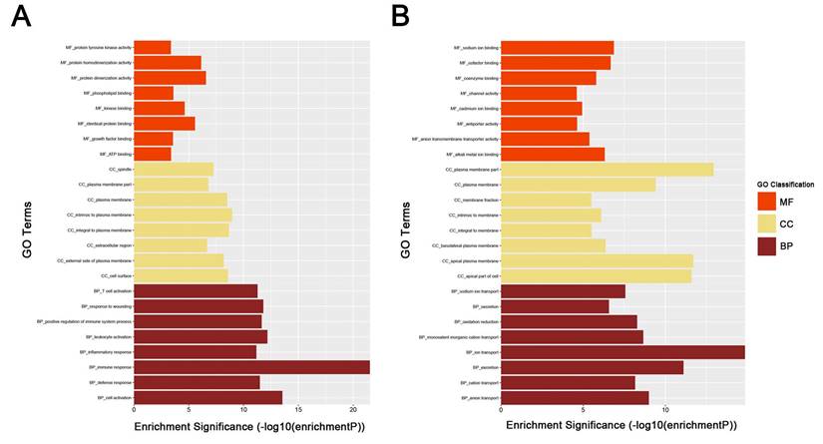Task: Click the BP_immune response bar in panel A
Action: (250, 367)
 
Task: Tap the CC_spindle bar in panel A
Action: (173, 170)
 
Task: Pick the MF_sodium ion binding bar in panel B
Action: (557, 47)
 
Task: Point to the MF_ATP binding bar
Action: (152, 155)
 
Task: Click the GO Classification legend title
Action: (785, 185)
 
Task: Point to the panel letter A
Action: (20, 19)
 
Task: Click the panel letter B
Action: (399, 19)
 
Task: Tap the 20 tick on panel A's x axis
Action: (353, 410)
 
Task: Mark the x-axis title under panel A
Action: (249, 427)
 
